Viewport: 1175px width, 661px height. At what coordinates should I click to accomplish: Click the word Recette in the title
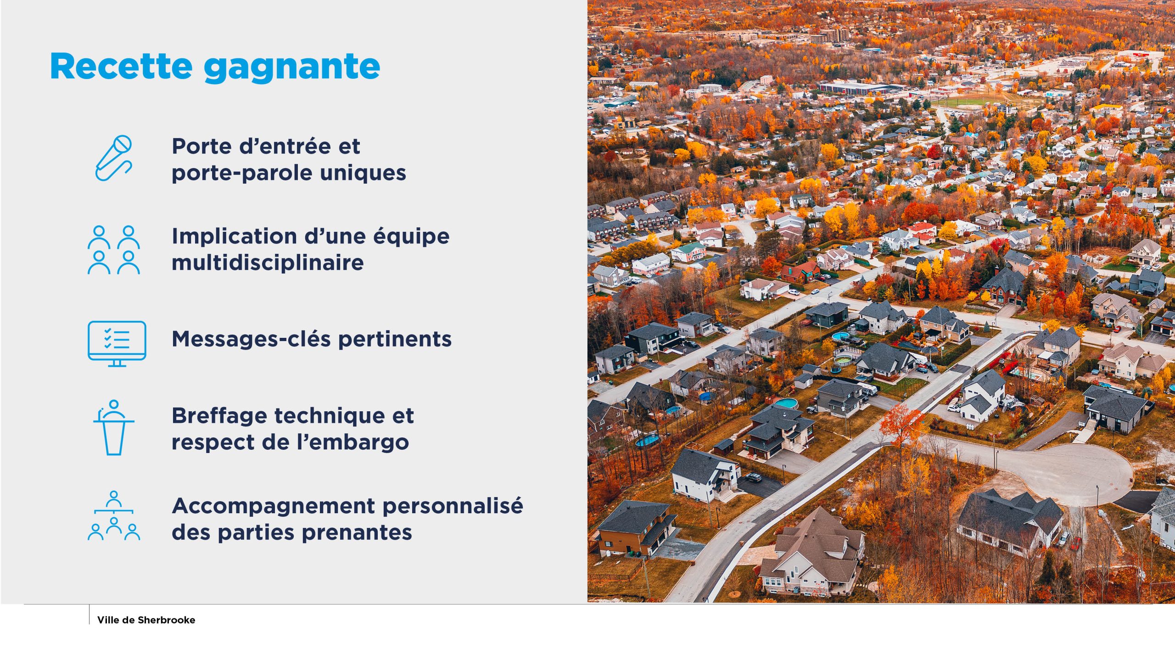(121, 66)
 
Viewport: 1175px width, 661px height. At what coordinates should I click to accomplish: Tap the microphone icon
(113, 158)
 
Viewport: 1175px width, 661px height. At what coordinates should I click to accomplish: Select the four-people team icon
(114, 250)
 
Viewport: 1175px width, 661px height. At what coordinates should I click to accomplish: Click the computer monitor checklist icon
(117, 343)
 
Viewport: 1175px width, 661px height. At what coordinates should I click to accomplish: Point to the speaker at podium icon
(114, 427)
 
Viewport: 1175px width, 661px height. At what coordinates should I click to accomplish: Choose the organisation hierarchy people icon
(114, 515)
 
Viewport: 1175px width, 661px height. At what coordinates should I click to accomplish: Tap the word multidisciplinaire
(268, 263)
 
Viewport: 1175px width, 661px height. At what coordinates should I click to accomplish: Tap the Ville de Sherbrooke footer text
(146, 620)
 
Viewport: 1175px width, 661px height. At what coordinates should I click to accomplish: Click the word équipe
(411, 237)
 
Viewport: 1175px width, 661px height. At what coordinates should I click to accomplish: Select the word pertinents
(395, 340)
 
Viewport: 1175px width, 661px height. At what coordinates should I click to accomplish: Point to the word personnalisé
(453, 506)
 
